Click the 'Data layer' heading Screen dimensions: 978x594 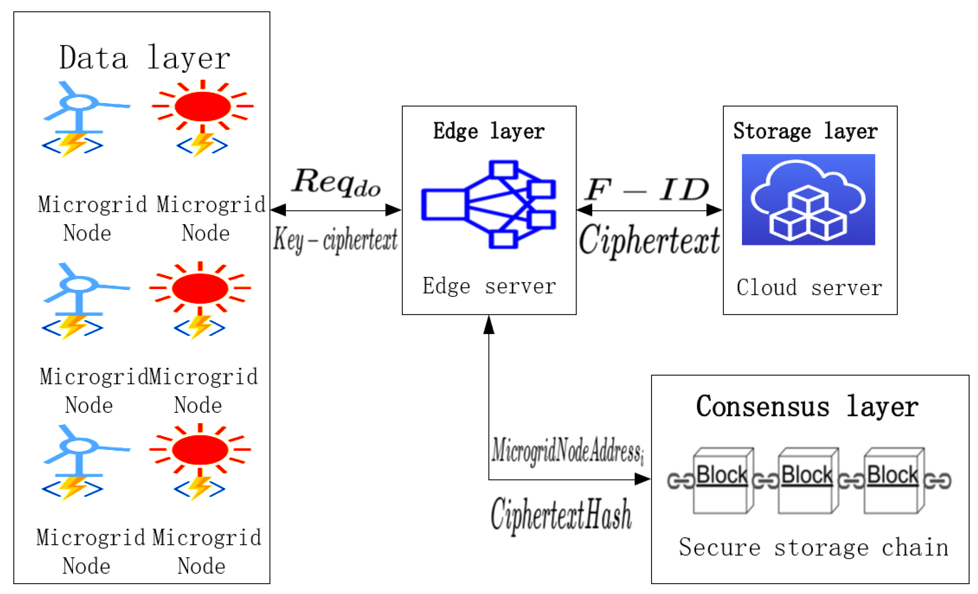pos(145,58)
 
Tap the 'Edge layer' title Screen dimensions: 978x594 pos(488,131)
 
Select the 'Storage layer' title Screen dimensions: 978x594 pos(805,131)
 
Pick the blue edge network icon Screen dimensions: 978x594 pos(488,204)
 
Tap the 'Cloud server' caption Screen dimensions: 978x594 pos(809,287)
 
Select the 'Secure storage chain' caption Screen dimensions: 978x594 pos(814,548)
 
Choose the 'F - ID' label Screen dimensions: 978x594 pos(647,189)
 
